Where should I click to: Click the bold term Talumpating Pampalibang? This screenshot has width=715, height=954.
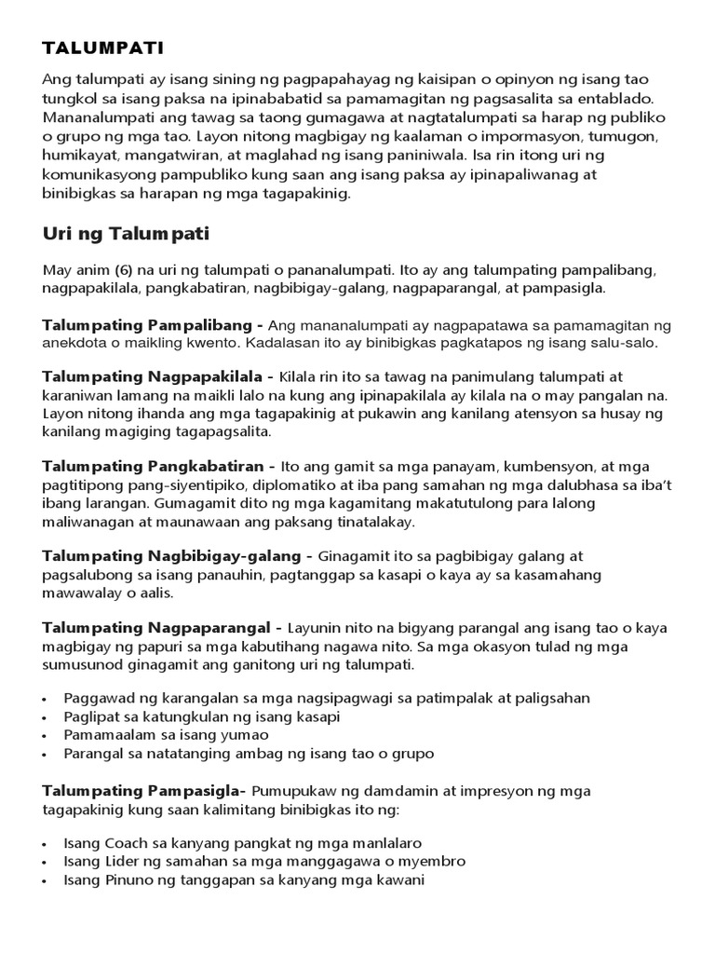point(154,325)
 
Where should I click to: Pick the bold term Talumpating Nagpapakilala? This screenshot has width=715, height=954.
point(157,377)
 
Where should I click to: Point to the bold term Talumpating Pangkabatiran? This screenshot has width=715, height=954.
point(158,466)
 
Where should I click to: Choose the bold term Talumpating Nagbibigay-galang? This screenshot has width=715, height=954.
point(171,556)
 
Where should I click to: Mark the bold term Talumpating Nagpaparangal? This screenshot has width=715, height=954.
point(162,627)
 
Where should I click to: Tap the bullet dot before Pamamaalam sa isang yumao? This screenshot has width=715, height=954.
point(47,736)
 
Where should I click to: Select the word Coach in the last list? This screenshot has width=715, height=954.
point(127,843)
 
